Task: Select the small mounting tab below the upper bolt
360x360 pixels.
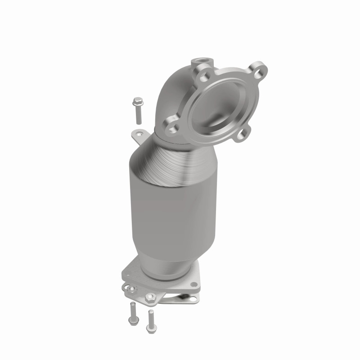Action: [x=139, y=133]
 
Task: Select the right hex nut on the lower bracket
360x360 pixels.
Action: [x=150, y=297]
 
